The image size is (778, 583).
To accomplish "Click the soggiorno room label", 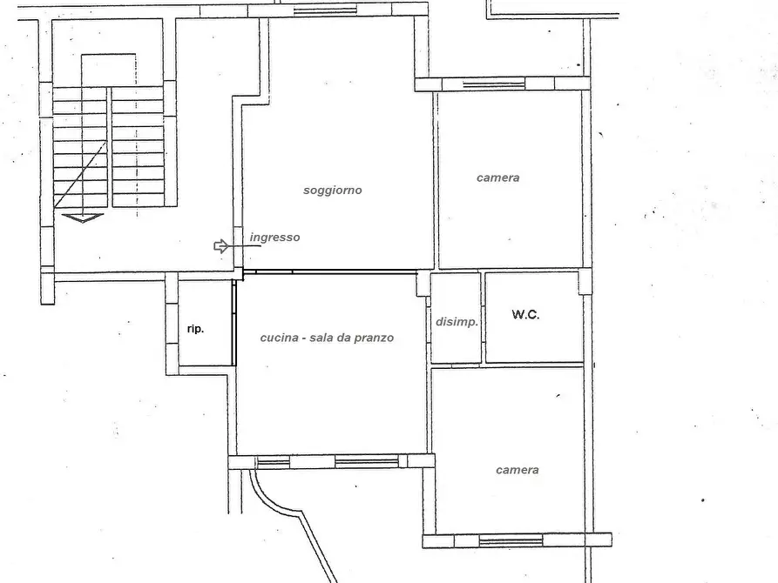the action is [x=333, y=191].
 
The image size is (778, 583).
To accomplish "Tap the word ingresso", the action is [x=275, y=238].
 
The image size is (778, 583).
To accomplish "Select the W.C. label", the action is [x=525, y=314].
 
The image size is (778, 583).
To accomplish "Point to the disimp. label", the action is [x=457, y=322].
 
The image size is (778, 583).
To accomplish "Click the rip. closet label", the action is [x=195, y=329].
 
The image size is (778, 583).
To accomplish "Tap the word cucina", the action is [x=280, y=338].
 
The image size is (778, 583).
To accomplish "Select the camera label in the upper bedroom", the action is [x=498, y=178].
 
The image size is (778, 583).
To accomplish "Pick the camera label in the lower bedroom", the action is [x=518, y=470].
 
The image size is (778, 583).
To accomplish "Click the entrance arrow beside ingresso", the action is [x=221, y=246].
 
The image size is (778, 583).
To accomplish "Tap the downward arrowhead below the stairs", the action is [x=83, y=218].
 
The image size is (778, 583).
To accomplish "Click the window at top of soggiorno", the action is [x=325, y=10].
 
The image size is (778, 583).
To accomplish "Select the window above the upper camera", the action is [x=494, y=84].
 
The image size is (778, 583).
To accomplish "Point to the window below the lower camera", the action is [x=511, y=541].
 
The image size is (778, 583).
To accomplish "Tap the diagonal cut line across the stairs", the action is [x=80, y=175].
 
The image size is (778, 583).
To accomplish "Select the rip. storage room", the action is [x=205, y=323].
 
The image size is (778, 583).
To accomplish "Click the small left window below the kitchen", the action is [x=274, y=463].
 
